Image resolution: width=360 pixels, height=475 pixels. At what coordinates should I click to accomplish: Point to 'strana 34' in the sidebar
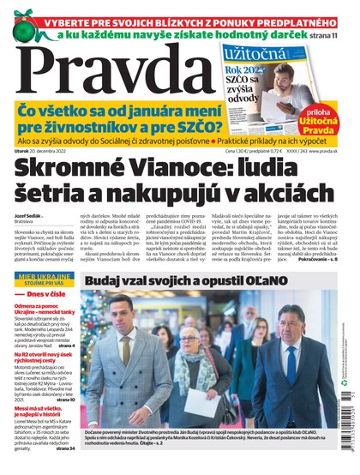click(x=64, y=448)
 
